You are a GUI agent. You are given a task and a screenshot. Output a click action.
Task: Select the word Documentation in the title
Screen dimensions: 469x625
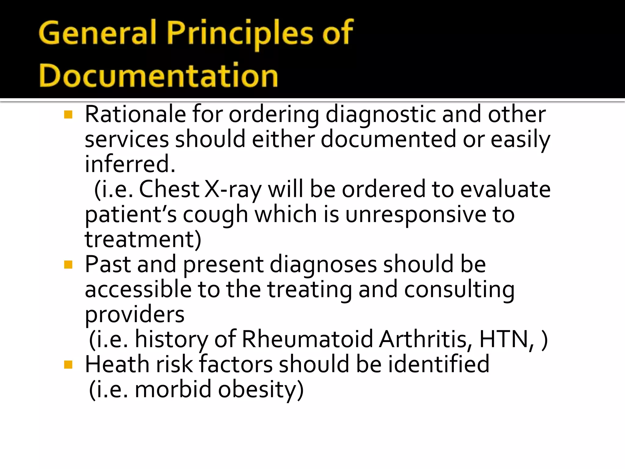[x=158, y=76]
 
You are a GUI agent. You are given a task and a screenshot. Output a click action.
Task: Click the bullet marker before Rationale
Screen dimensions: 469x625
[x=68, y=115]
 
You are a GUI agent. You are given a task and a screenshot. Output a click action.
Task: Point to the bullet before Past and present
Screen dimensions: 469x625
[x=68, y=265]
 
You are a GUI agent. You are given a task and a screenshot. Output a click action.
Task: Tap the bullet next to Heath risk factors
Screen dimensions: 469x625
[x=68, y=365]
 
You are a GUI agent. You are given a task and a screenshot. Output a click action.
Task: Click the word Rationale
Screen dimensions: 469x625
[x=135, y=114]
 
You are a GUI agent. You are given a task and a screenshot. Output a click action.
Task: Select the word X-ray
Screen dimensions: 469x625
[x=233, y=189]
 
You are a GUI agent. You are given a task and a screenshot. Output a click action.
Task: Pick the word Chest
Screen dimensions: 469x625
[x=169, y=189]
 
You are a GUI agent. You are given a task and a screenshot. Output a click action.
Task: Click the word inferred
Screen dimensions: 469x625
[x=130, y=164]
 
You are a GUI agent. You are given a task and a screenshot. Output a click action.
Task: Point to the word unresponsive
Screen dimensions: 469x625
[x=415, y=214]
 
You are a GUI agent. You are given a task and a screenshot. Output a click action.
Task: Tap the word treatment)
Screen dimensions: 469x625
[x=143, y=239]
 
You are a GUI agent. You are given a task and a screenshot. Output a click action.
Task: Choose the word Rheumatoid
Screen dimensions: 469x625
[x=307, y=340]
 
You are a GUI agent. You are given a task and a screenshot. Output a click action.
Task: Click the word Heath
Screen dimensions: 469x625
[x=117, y=365]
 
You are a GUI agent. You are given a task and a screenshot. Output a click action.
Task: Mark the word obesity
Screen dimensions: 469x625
[x=261, y=390]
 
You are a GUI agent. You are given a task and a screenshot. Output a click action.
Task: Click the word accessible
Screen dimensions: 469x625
[x=138, y=289]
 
